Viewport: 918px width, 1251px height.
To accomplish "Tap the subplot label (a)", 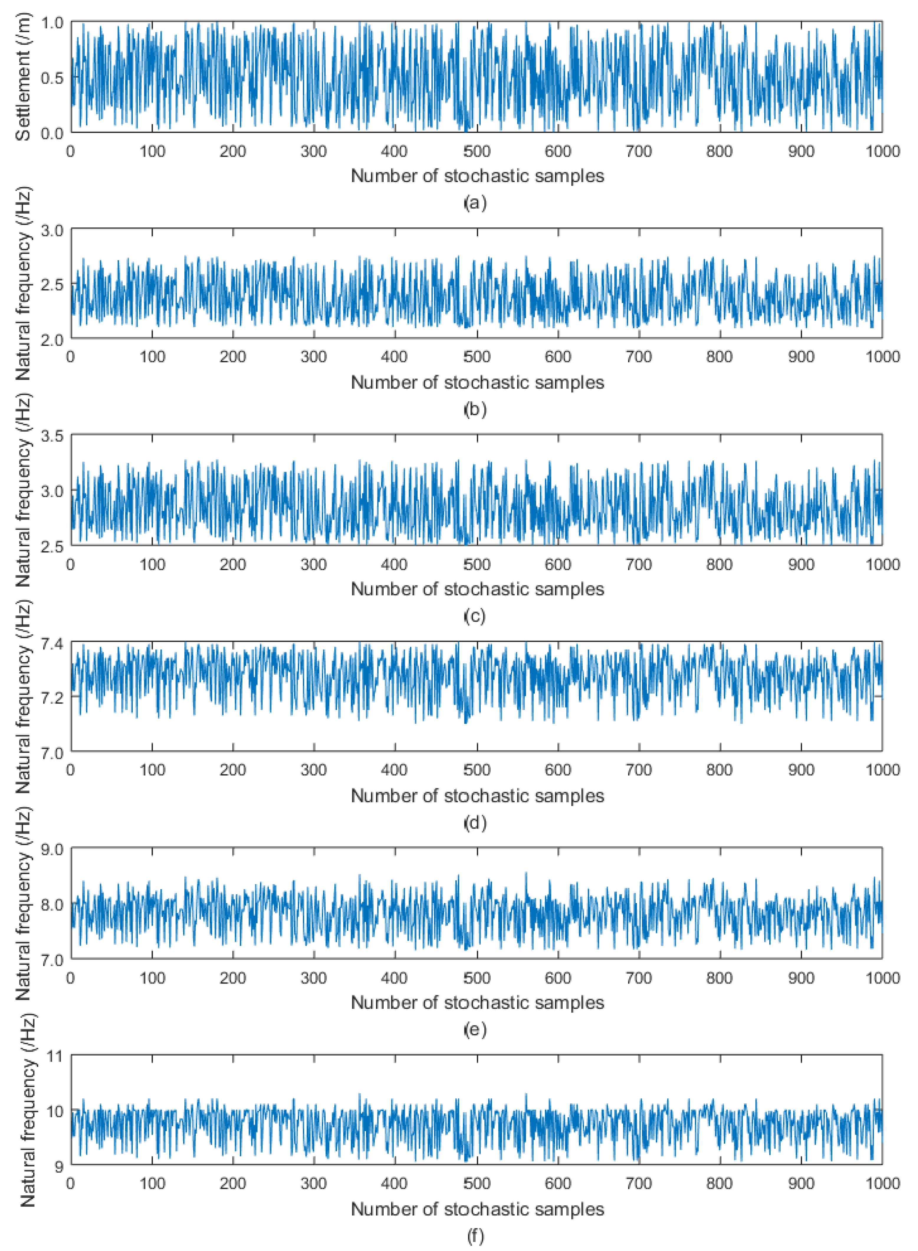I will pos(475,203).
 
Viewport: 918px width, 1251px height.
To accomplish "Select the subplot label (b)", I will pos(475,409).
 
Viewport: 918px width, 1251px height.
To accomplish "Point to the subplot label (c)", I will pos(475,616).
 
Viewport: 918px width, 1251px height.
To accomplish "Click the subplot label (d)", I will pos(475,822).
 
